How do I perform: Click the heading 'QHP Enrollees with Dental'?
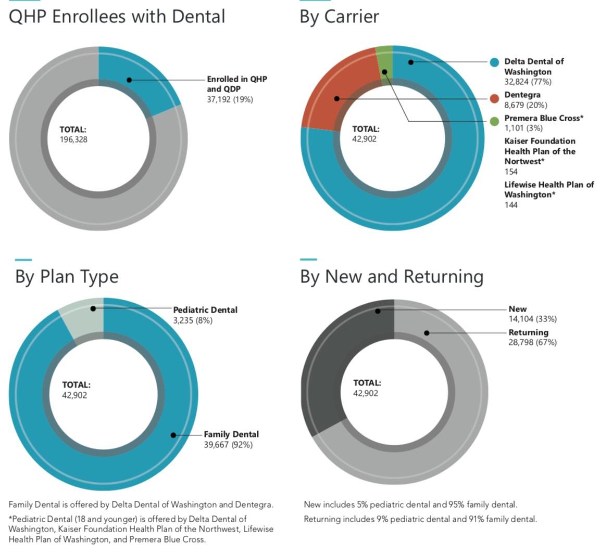[x=117, y=16]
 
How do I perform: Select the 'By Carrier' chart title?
[x=339, y=16]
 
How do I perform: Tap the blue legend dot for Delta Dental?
[x=494, y=62]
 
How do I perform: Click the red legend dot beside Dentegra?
[x=494, y=98]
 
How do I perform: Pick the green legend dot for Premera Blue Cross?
[x=494, y=121]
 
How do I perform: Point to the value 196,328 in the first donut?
[x=74, y=139]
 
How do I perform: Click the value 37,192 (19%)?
[x=230, y=99]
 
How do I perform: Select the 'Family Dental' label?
[x=231, y=434]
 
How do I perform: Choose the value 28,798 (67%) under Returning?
[x=532, y=342]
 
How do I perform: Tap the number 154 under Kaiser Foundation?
[x=511, y=172]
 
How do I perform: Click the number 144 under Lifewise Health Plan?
[x=511, y=205]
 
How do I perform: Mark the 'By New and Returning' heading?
[x=392, y=276]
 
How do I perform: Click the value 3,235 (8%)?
[x=193, y=320]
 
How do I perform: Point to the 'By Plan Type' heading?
[x=67, y=276]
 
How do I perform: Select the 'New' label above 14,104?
[x=518, y=309]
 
